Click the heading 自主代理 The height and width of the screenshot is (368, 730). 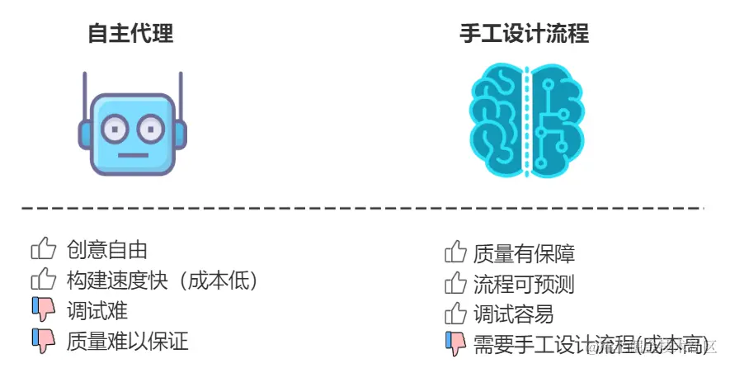point(131,34)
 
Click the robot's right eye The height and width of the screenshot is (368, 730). point(151,129)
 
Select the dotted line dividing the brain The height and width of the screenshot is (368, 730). point(525,120)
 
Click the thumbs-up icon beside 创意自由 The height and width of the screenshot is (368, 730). point(43,249)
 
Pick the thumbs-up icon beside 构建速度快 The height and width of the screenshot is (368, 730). point(43,280)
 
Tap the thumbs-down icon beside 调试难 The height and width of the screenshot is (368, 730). point(43,310)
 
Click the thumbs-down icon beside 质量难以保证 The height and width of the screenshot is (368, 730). point(43,341)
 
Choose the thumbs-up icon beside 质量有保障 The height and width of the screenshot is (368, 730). point(455,252)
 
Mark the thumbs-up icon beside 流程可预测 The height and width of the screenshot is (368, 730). point(455,284)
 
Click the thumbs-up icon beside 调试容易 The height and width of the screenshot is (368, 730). point(455,314)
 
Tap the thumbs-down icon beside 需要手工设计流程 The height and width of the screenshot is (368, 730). point(455,343)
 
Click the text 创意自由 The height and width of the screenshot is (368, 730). point(107,250)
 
